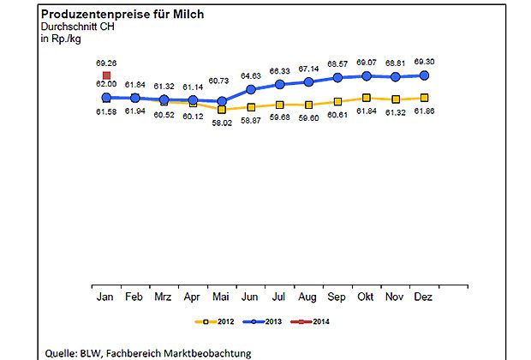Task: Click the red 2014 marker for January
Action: (106, 75)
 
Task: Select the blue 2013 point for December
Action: (424, 75)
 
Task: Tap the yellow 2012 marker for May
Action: (222, 110)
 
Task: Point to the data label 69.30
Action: (424, 63)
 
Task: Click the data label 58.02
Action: (221, 123)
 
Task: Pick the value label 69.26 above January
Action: (106, 63)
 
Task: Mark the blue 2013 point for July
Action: (280, 84)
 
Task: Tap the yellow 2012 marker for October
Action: (367, 99)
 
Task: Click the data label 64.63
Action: (251, 75)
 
